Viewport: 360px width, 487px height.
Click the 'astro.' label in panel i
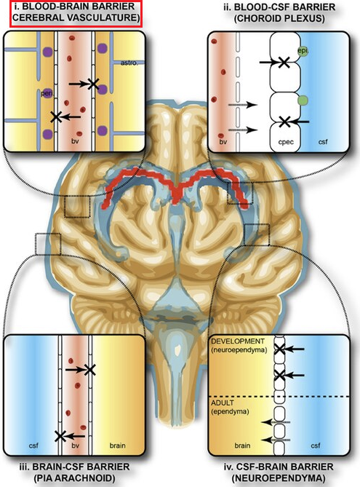coord(129,63)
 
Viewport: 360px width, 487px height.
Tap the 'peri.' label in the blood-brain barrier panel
coord(47,93)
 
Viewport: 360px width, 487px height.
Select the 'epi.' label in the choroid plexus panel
coord(303,50)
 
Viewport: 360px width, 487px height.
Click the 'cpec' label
coord(286,142)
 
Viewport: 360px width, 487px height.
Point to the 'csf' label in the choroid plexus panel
coord(323,142)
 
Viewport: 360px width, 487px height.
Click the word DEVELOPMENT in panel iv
coord(238,341)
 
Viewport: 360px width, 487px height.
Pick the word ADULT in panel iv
coord(223,403)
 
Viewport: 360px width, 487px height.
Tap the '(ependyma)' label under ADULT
coord(230,411)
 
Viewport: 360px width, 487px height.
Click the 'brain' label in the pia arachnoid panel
coord(117,446)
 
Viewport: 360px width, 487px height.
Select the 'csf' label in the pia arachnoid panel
coord(33,446)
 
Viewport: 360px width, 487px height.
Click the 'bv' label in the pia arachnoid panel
coord(76,446)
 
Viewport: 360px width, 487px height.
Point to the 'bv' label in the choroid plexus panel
coord(223,142)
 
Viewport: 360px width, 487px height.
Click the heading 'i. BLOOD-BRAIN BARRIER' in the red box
coord(75,7)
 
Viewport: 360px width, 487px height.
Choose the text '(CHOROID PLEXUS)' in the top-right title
coord(279,18)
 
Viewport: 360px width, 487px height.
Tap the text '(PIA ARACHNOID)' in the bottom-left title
coord(74,478)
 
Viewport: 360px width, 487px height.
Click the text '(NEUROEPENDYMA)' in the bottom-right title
coord(279,478)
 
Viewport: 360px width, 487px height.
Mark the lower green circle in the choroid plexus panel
coord(303,100)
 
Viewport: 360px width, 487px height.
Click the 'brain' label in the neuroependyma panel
coord(242,446)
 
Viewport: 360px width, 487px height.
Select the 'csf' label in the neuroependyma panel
coord(316,446)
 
